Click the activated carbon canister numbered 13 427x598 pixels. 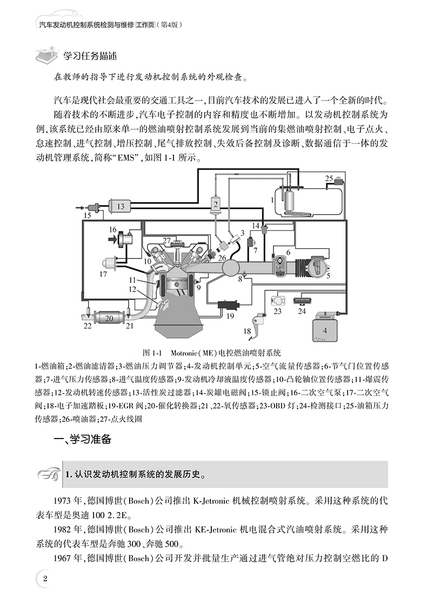(120, 205)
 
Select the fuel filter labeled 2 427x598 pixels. (215, 204)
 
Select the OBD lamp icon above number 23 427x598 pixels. (277, 299)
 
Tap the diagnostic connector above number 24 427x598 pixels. (302, 299)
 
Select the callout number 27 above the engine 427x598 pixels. (168, 240)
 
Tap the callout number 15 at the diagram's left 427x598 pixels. (87, 216)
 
